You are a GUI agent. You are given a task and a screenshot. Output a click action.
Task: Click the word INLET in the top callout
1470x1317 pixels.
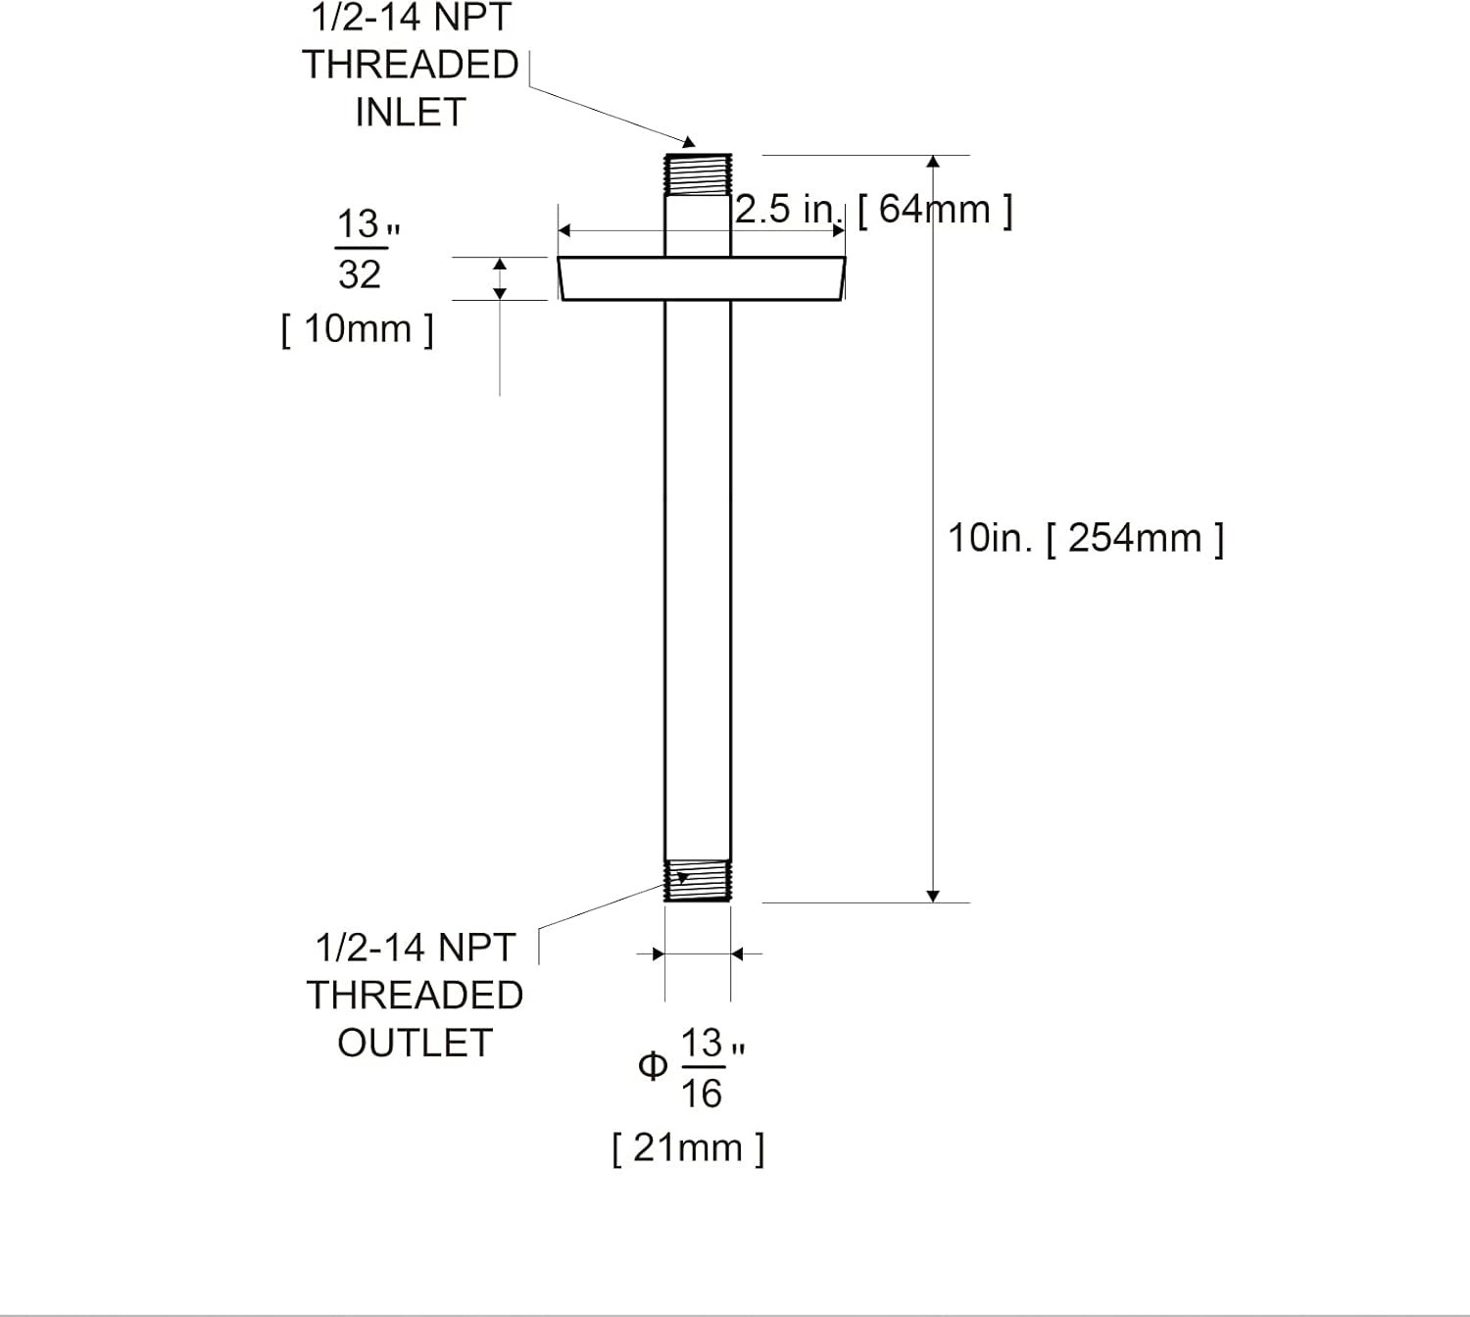[x=410, y=113]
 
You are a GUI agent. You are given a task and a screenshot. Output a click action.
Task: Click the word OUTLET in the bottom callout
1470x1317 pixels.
[x=415, y=1044]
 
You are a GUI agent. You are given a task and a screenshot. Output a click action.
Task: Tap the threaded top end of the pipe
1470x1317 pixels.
[x=698, y=174]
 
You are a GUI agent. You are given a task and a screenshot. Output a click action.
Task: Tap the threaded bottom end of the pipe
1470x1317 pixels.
[x=698, y=881]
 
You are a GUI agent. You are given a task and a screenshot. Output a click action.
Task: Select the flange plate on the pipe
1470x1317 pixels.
[x=701, y=278]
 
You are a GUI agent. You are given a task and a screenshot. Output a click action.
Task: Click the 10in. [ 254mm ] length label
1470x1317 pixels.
[x=1085, y=538]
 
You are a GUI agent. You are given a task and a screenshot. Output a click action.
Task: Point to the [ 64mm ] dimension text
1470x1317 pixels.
[x=935, y=210]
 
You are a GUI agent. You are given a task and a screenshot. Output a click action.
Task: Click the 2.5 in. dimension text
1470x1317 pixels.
[x=788, y=210]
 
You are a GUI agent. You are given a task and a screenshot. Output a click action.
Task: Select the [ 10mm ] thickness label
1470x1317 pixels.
[x=357, y=329]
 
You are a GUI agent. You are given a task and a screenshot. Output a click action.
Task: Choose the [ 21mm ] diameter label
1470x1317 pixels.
[x=688, y=1147]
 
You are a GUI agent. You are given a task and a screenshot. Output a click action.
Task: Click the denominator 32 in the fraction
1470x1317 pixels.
[x=359, y=275]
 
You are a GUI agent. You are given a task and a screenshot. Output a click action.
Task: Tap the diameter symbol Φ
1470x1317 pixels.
[x=652, y=1066]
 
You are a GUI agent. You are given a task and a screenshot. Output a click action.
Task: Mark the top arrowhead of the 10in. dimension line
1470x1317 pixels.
[x=933, y=162]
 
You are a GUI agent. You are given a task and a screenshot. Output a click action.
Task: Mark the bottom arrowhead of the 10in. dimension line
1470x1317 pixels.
[x=933, y=896]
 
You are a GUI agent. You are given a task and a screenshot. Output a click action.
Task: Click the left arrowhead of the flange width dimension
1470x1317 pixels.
[x=564, y=231]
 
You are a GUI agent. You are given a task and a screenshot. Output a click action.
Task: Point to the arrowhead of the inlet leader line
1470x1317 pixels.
[x=689, y=143]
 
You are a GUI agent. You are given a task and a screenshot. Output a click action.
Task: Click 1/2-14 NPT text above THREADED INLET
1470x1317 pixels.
[x=412, y=18]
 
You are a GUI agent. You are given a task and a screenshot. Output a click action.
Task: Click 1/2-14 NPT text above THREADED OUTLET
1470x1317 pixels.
[x=415, y=948]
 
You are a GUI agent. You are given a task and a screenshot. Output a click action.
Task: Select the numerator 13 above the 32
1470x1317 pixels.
[x=358, y=225]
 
